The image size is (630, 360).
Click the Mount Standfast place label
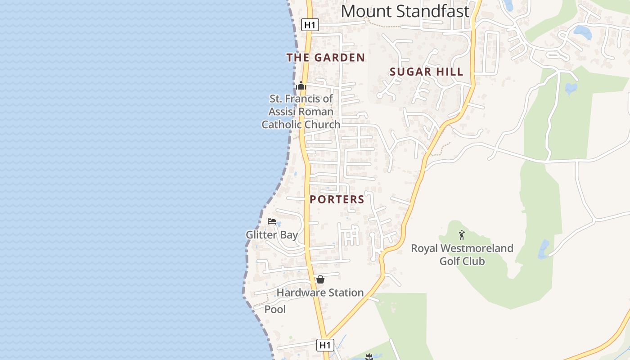point(405,11)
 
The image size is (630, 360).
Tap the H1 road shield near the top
point(310,25)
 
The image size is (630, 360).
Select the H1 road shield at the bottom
point(325,345)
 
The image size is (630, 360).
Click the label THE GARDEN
point(325,58)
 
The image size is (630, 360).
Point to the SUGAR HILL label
point(426,72)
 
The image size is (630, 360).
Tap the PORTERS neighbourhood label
point(337,199)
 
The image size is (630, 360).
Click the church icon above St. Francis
point(301,85)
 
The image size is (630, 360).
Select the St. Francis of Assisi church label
point(301,112)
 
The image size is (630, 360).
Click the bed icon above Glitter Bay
point(272,221)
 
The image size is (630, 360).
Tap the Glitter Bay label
point(272,235)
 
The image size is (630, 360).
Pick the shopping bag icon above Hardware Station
point(320,279)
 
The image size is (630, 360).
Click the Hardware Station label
point(320,292)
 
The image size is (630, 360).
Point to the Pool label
point(275,310)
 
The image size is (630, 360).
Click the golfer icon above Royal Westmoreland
point(462,234)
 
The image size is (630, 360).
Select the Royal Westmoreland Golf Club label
point(462,255)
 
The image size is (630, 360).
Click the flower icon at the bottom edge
point(369,357)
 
